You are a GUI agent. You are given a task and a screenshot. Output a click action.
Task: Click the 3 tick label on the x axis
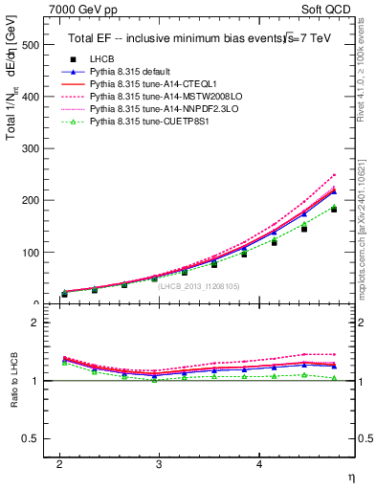pyautogui.click(x=159, y=464)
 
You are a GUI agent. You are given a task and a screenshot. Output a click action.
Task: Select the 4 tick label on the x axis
pyautogui.click(x=259, y=464)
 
